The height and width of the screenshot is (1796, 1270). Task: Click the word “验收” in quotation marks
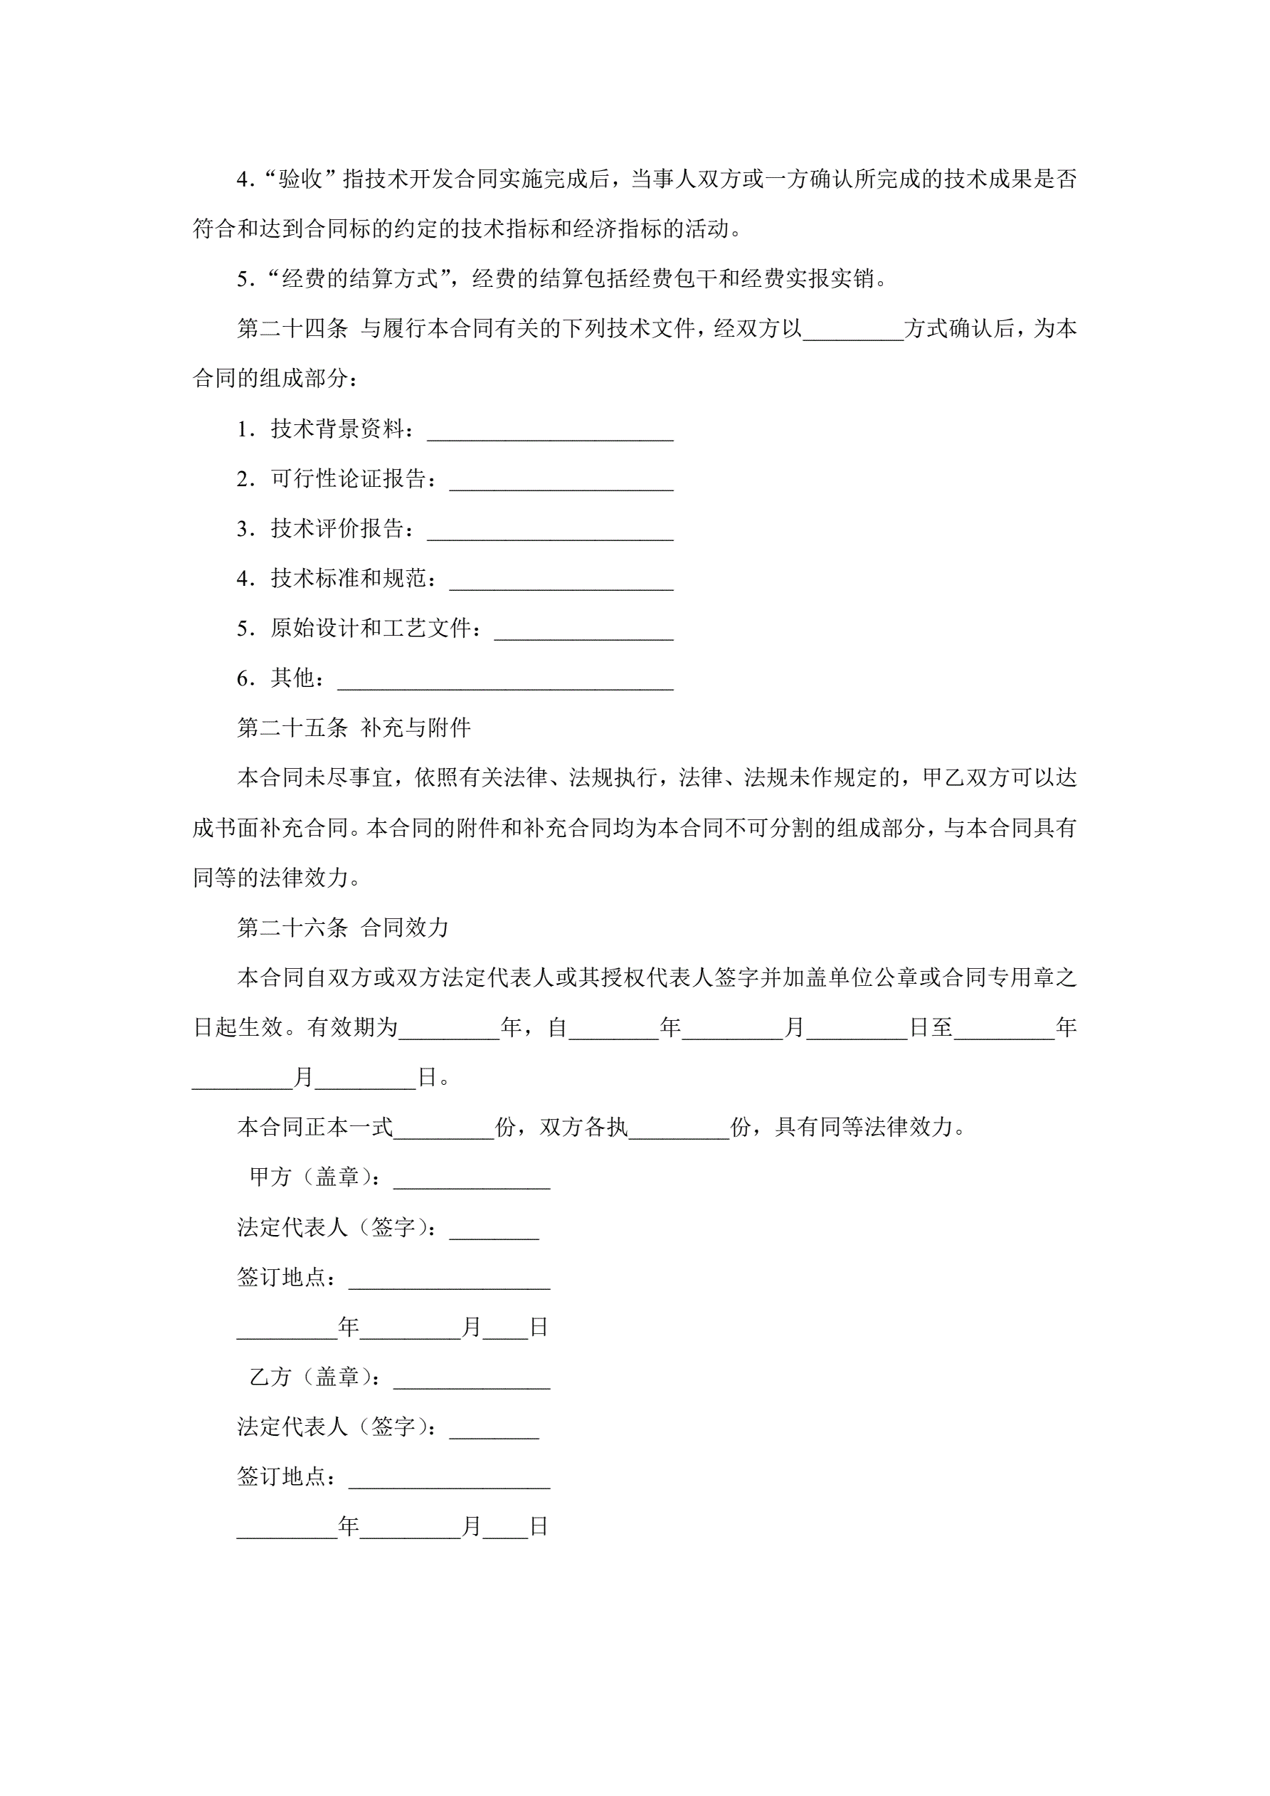pos(300,179)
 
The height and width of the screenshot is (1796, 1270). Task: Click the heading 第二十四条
pos(292,329)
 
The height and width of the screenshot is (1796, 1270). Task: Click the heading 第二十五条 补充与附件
pos(354,728)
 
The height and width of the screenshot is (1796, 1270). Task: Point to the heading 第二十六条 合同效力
pos(342,928)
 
